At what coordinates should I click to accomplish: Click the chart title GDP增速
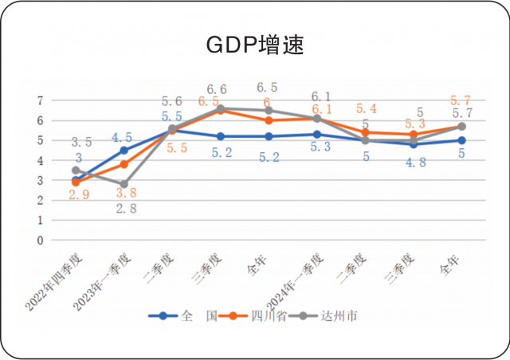(254, 45)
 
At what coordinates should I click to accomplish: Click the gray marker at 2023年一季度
(124, 184)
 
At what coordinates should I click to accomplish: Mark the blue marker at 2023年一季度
(124, 150)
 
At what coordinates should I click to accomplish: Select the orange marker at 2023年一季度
(124, 164)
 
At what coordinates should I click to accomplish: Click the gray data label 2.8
(124, 209)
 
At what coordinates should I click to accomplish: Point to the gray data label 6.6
(217, 89)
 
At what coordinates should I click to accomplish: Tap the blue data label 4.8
(414, 163)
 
